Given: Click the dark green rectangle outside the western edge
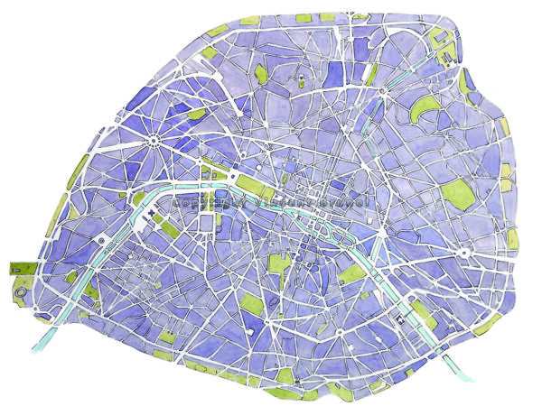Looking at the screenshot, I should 21,268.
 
